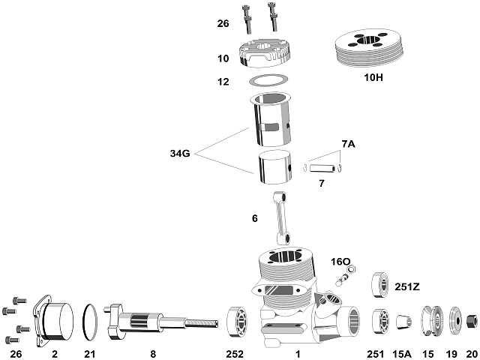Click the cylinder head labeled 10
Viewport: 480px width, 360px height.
[266, 55]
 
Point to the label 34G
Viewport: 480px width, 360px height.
[181, 154]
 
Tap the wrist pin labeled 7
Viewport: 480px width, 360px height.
[323, 166]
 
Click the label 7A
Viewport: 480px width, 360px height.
[348, 143]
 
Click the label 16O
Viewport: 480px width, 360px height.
[341, 262]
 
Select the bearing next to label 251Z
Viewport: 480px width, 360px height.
[380, 285]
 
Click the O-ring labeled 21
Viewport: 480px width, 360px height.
[90, 320]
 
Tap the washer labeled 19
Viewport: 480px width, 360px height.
[454, 321]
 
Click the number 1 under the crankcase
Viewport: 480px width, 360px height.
[298, 352]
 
